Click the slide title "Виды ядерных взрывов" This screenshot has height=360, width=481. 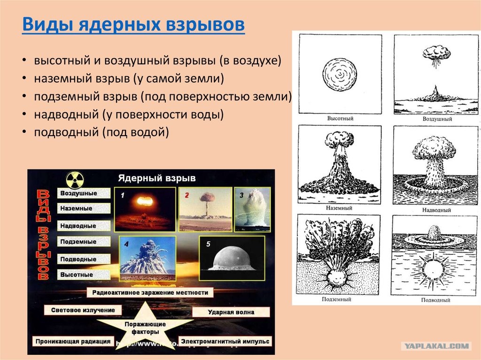(133, 24)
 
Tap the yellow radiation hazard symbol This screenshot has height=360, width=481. (75, 180)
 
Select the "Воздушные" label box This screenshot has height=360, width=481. (84, 193)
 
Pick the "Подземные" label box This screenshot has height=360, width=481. (84, 242)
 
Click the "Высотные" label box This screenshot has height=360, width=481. (84, 275)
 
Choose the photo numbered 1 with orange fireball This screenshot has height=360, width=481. (145, 209)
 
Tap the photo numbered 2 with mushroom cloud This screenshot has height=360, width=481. (205, 209)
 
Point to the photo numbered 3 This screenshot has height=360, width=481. (252, 209)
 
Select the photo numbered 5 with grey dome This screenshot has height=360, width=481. (232, 258)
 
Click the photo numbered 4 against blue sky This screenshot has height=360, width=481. (147, 258)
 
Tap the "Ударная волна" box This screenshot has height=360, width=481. (231, 312)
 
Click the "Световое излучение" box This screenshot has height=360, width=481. (83, 310)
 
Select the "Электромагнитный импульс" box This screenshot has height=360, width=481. (225, 341)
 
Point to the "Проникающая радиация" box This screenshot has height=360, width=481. (73, 341)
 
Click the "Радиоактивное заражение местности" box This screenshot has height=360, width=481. (150, 292)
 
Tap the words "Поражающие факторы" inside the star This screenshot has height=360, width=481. (146, 328)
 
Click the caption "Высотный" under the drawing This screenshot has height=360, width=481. (340, 118)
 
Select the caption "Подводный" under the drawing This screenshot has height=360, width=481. (435, 300)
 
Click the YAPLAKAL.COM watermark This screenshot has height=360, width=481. (436, 346)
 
